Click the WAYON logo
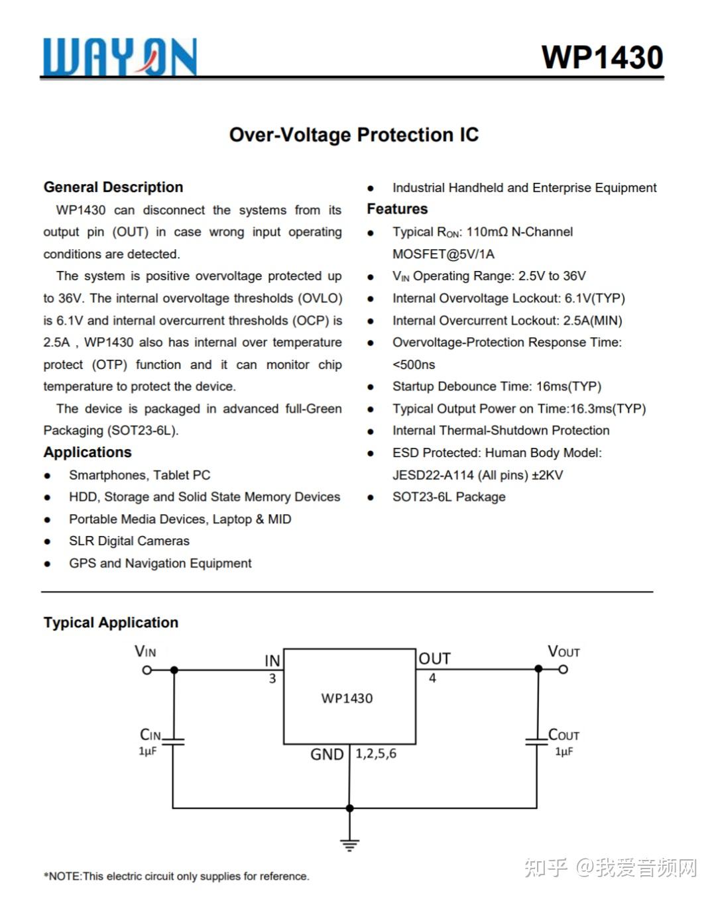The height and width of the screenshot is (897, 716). (x=120, y=57)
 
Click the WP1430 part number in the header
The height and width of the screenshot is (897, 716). (x=602, y=58)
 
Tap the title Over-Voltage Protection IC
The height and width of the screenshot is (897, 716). (x=353, y=135)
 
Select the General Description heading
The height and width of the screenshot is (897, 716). (x=113, y=187)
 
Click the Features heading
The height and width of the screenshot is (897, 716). (x=397, y=209)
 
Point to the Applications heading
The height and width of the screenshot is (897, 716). (x=88, y=452)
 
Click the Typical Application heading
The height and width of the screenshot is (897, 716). (x=111, y=623)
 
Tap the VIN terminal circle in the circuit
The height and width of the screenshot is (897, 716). (x=147, y=670)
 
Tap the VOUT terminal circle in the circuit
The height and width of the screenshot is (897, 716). (x=563, y=669)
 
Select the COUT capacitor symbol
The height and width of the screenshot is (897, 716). (x=537, y=741)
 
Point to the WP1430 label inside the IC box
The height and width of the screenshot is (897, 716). (x=347, y=698)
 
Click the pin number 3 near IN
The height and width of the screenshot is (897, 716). (x=272, y=679)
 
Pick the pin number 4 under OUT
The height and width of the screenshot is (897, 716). (x=432, y=678)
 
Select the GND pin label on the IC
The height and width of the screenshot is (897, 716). (x=327, y=755)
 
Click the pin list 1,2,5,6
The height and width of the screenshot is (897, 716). (x=376, y=754)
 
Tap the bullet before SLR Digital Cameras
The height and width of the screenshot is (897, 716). (x=47, y=542)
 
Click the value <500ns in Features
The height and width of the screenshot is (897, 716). (x=414, y=365)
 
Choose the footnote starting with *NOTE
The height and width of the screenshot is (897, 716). (x=176, y=876)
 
